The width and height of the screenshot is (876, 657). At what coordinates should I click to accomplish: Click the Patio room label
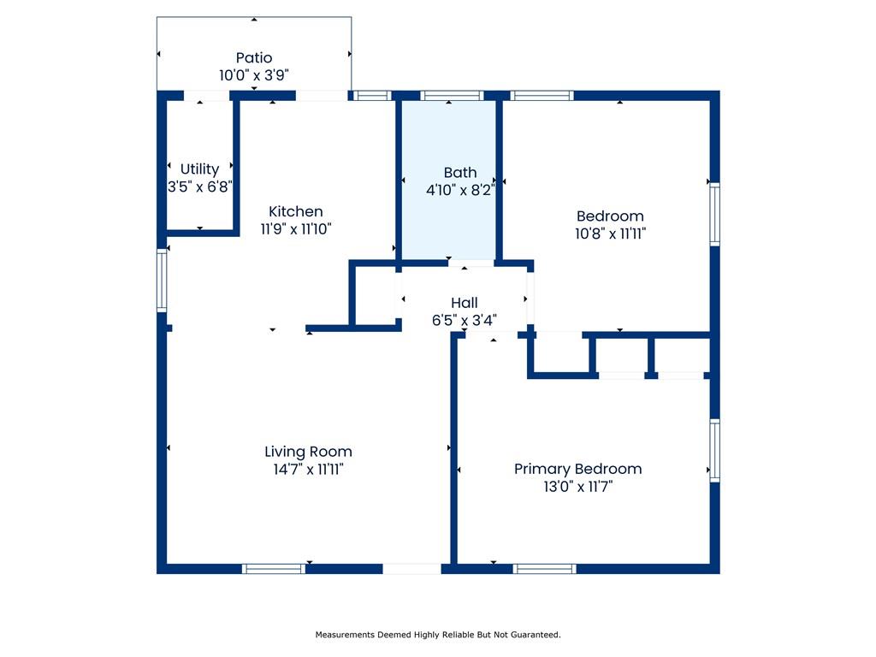(x=254, y=57)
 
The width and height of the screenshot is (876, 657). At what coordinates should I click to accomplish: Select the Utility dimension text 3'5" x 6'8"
(x=200, y=186)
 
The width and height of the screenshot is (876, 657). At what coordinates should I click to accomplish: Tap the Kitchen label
(x=295, y=212)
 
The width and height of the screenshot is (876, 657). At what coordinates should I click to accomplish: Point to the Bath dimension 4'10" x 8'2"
(x=460, y=190)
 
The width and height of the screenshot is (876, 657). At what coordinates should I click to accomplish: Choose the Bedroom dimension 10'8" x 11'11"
(x=611, y=234)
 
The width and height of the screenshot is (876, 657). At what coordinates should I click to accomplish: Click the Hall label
(x=465, y=303)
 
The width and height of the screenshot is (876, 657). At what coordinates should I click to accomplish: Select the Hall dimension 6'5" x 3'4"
(x=465, y=320)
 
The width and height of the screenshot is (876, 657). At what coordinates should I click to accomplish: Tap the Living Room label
(x=308, y=452)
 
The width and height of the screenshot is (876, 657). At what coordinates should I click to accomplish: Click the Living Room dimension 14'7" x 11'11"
(x=308, y=470)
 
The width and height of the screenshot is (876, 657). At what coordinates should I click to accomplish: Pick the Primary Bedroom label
(x=577, y=470)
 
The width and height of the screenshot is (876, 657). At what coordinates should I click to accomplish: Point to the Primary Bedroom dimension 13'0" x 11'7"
(x=577, y=487)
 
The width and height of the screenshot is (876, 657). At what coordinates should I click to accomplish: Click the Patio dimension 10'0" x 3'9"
(x=254, y=75)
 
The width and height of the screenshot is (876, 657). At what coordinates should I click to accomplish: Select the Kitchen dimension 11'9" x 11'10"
(x=295, y=229)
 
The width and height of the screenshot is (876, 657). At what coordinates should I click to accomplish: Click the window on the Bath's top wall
(x=452, y=96)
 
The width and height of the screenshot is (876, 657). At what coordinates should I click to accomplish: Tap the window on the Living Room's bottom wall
(x=274, y=569)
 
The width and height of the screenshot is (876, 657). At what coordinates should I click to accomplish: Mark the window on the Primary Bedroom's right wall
(x=714, y=450)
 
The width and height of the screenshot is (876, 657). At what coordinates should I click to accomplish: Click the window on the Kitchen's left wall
(x=162, y=280)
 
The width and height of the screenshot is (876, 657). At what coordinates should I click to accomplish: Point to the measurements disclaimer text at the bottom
(x=438, y=635)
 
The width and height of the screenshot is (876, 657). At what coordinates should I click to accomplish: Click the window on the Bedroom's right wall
(x=714, y=214)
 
